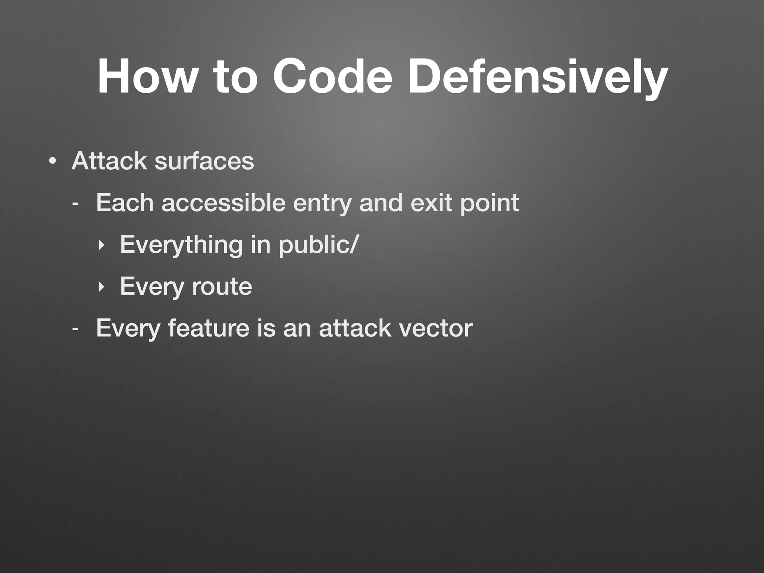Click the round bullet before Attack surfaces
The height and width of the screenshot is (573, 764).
(x=53, y=162)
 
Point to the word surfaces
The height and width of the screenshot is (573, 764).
(x=204, y=161)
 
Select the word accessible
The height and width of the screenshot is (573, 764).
(x=223, y=203)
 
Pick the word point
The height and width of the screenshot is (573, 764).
(x=489, y=204)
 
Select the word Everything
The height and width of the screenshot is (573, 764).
(x=181, y=245)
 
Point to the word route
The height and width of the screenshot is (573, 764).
(x=222, y=286)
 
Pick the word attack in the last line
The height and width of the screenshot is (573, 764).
(x=355, y=328)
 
